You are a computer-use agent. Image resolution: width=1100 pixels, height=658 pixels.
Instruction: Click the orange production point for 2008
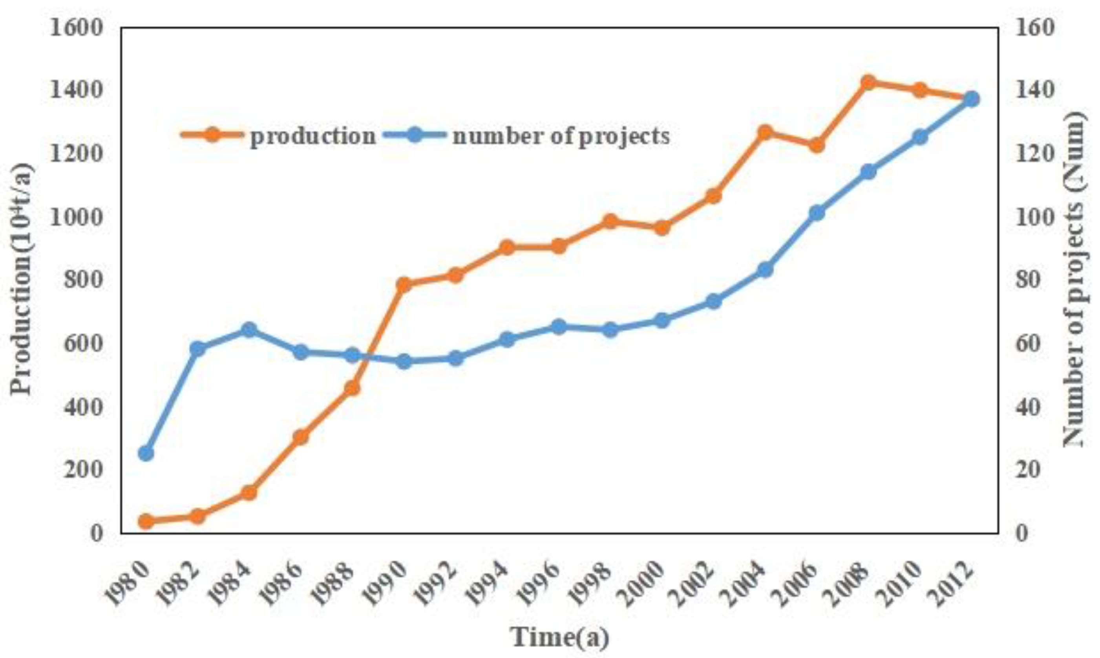868,82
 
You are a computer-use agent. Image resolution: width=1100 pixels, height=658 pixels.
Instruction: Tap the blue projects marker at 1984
249,330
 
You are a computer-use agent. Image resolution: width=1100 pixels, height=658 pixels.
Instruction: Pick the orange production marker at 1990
404,285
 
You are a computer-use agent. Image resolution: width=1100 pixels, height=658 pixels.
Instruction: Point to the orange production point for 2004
765,132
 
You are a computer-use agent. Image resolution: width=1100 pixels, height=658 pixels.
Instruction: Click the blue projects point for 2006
817,213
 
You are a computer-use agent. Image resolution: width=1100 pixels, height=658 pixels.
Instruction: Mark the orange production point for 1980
146,521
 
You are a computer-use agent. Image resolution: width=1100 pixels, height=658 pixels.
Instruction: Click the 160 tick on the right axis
1034,29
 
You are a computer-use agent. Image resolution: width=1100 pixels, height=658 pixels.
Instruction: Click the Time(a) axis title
560,637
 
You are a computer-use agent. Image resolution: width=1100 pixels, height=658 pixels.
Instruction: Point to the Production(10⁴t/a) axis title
22,279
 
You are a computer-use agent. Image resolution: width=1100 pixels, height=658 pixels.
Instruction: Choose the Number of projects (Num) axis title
1076,279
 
